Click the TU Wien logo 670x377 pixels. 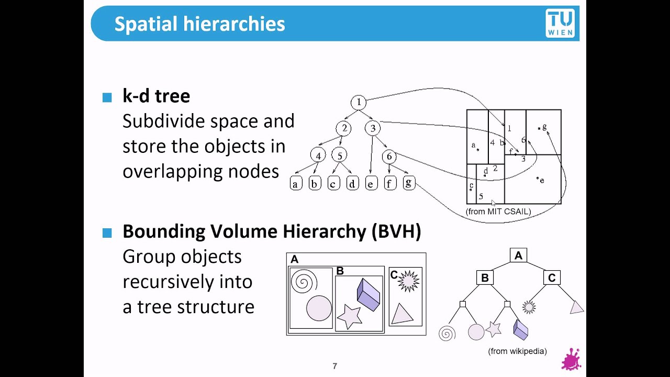pos(560,24)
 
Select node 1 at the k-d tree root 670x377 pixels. pos(359,103)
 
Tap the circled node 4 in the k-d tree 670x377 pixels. pos(318,156)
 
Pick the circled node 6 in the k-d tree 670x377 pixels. pos(389,156)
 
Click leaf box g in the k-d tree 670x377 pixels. pos(409,183)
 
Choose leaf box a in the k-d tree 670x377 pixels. pos(296,183)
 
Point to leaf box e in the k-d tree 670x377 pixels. pos(371,183)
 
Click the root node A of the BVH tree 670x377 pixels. pos(518,256)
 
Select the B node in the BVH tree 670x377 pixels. pos(485,278)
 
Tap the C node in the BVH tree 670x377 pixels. pos(552,278)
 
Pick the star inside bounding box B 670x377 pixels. pos(349,316)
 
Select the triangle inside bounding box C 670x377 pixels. pos(401,314)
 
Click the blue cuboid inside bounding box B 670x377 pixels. pos(368,294)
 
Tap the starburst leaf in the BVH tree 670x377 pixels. pos(529,307)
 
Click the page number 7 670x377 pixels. pos(335,366)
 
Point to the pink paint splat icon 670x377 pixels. pos(571,360)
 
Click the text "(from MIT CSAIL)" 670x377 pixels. pos(498,212)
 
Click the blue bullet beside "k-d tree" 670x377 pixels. pos(107,97)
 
